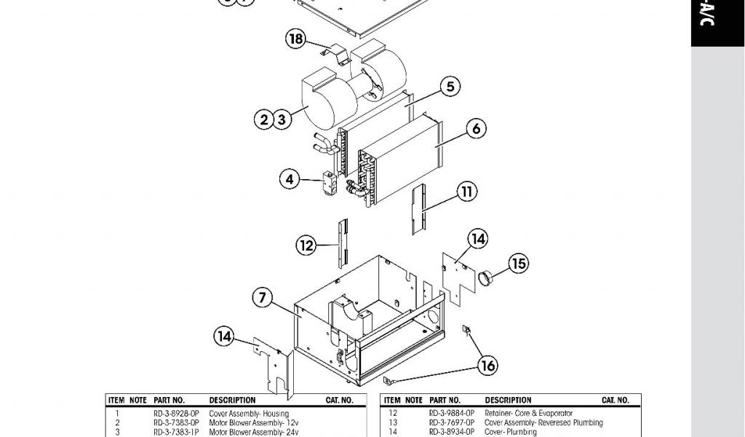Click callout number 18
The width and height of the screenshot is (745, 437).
click(x=296, y=40)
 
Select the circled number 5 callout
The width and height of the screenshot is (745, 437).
click(x=450, y=87)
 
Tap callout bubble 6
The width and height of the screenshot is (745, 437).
click(x=475, y=129)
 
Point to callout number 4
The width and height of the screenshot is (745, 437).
click(x=290, y=178)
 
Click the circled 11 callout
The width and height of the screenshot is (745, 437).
click(x=467, y=192)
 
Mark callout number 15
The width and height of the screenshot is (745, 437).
click(x=518, y=263)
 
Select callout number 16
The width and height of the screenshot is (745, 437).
click(x=488, y=365)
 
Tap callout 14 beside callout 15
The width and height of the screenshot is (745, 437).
click(x=478, y=238)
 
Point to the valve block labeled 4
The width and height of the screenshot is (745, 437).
click(x=327, y=184)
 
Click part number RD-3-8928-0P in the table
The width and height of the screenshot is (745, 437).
click(x=176, y=414)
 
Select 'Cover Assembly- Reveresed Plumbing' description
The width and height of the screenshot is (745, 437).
click(x=543, y=422)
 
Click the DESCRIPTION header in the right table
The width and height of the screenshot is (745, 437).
click(x=509, y=401)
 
